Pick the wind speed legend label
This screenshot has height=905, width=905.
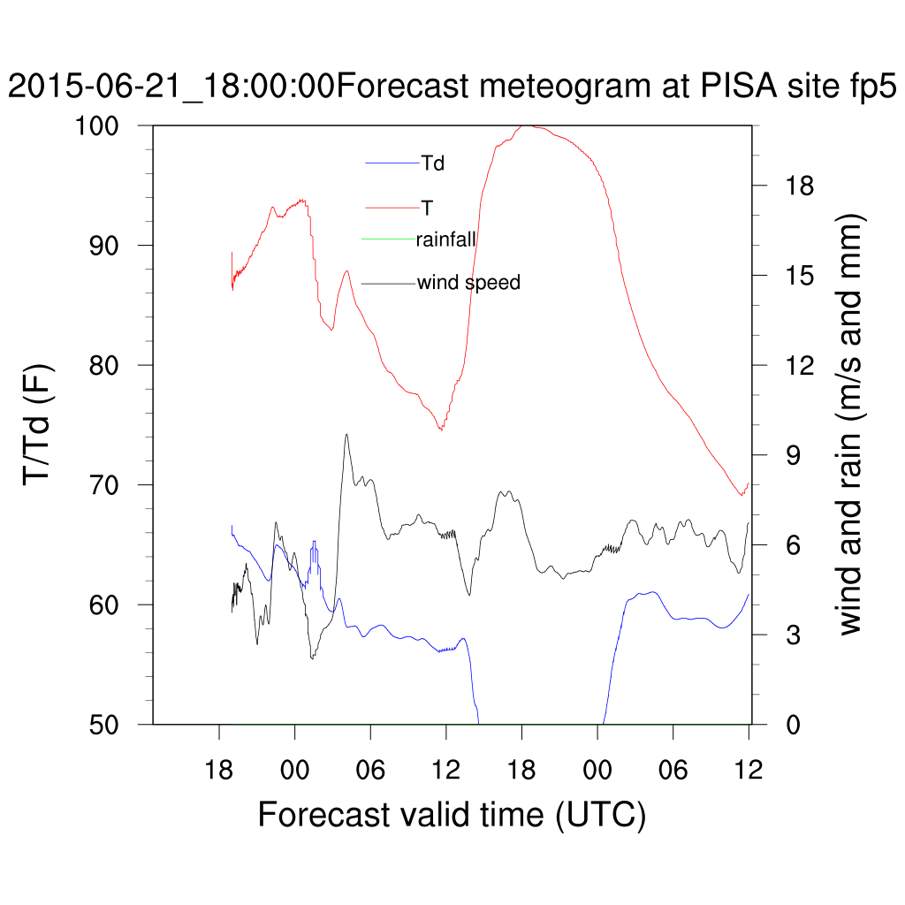click(468, 283)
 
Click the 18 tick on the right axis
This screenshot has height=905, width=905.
click(795, 186)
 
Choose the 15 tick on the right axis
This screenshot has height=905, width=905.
click(795, 276)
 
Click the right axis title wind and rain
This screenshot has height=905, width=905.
click(849, 425)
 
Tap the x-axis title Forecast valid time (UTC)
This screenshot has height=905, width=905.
click(452, 814)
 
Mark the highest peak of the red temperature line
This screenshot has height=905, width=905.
click(523, 126)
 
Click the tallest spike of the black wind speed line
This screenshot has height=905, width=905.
click(346, 434)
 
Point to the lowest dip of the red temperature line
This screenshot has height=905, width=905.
click(741, 495)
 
